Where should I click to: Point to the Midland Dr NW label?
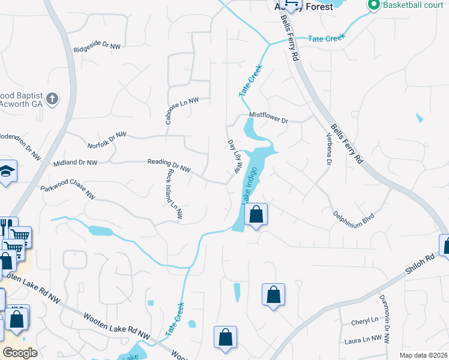click(x=75, y=163)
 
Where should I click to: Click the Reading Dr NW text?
click(x=169, y=165)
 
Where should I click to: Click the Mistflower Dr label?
click(x=268, y=118)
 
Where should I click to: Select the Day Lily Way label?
click(x=234, y=158)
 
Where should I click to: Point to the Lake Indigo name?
click(x=252, y=184)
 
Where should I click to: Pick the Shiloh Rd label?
click(x=420, y=266)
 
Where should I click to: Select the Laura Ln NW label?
click(x=363, y=339)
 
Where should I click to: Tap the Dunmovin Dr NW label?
click(x=384, y=319)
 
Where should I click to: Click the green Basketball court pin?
click(x=374, y=5)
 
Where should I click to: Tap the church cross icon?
click(x=53, y=98)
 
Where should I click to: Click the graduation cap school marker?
click(x=7, y=173)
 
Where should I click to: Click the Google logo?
click(x=20, y=352)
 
